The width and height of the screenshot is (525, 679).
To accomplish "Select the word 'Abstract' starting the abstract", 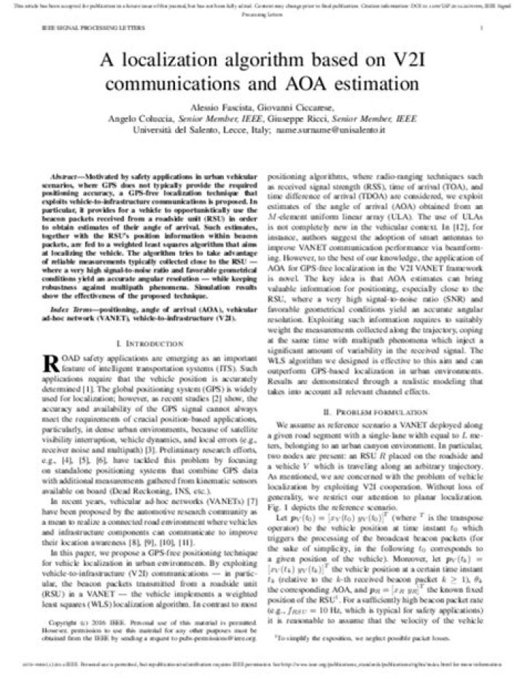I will tap(63, 178).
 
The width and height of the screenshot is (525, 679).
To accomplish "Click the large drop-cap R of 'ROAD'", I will tap(51, 362).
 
